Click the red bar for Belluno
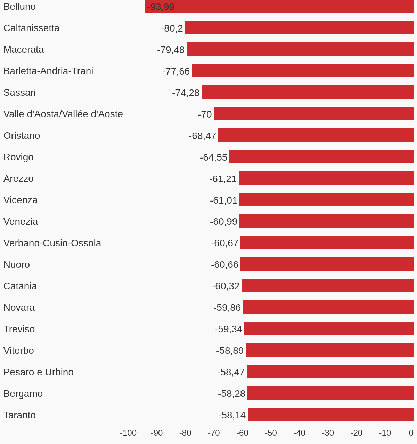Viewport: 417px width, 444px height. click(279, 6)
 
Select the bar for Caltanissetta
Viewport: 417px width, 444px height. click(299, 28)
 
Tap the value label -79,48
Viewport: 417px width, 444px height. click(171, 50)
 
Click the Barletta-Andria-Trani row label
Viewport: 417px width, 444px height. click(48, 71)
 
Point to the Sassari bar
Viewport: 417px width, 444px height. click(308, 92)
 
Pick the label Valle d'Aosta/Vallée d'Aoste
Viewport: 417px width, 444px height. click(63, 114)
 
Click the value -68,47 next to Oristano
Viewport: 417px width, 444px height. click(202, 136)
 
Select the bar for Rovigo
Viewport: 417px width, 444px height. click(321, 157)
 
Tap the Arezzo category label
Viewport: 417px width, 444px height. click(18, 179)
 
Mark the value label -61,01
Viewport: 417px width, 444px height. click(223, 200)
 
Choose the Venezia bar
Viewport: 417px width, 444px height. click(326, 221)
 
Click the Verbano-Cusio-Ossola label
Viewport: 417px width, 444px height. click(52, 243)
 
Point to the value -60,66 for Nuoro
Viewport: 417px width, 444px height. click(224, 265)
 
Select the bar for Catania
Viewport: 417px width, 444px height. click(327, 285)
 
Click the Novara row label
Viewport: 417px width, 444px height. click(19, 308)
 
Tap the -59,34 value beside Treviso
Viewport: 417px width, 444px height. click(228, 329)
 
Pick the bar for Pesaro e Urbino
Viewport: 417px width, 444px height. click(330, 372)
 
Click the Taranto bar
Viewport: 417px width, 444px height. click(330, 415)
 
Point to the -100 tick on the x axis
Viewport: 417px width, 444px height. click(128, 433)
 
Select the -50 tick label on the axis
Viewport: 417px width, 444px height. click(271, 433)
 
